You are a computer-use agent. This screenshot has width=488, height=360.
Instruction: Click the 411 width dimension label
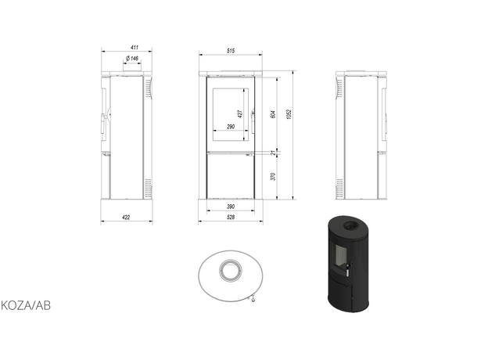(135, 47)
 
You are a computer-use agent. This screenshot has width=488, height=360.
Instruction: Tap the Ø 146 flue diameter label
(132, 58)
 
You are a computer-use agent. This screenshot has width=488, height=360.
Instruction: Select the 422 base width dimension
(126, 218)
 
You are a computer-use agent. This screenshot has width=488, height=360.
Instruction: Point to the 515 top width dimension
(231, 51)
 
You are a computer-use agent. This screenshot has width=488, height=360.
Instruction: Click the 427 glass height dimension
(240, 113)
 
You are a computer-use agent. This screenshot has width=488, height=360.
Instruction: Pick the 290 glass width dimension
(231, 127)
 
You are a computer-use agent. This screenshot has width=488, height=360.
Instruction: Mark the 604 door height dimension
(273, 114)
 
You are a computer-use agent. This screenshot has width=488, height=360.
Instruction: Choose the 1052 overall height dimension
(289, 114)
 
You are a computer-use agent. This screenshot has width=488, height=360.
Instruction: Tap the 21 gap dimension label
(273, 153)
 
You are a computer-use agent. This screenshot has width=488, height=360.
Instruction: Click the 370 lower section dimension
(273, 177)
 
